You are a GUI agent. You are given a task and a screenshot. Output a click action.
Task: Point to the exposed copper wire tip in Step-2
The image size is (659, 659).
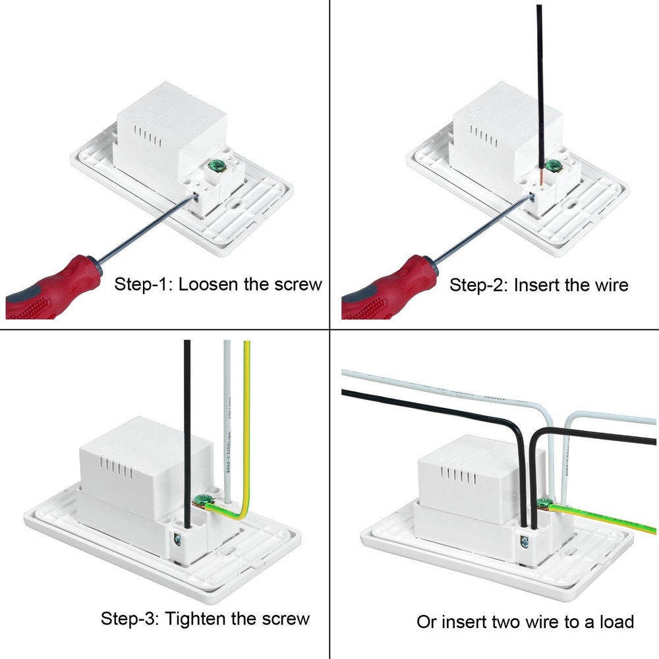[x=540, y=175]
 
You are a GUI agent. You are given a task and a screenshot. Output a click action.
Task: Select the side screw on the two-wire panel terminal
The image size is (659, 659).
[x=524, y=542]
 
